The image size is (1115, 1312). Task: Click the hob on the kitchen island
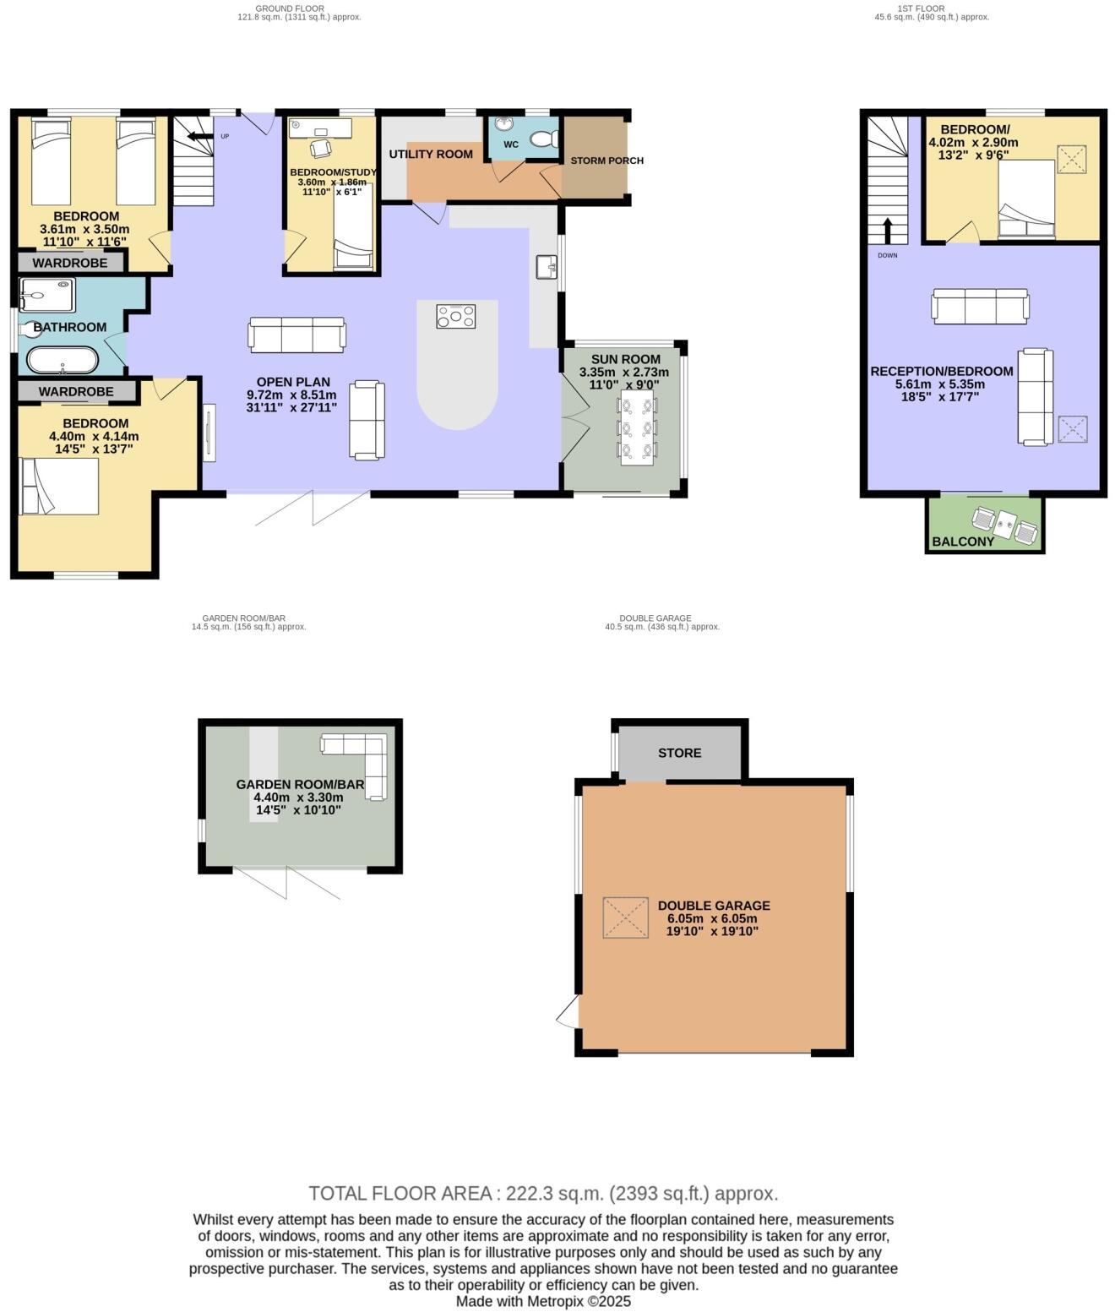455,317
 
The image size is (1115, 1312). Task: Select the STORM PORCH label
606,161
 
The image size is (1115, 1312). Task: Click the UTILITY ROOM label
431,154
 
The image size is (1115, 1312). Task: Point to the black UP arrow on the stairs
199,136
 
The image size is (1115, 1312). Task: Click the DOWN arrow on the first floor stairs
888,229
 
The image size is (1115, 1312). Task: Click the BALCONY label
962,542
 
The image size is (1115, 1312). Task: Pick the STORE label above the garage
679,753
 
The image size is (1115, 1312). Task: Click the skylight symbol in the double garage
625,917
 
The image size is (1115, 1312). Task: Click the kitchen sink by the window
547,267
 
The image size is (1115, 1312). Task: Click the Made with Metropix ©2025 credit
543,1301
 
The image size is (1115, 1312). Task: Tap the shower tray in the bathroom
47,296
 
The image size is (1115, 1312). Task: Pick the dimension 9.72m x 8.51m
291,395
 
